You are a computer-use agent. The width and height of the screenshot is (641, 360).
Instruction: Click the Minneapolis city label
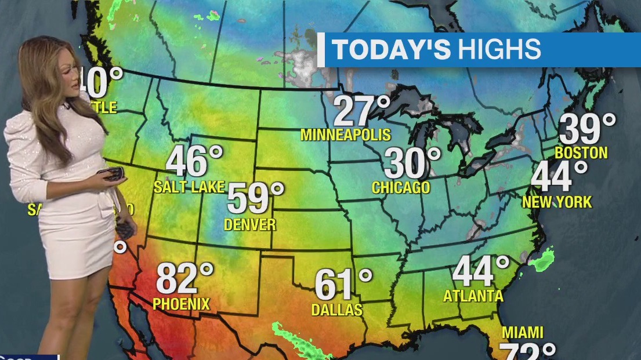[346, 135]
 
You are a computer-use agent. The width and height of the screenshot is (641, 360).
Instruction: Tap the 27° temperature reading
[361, 111]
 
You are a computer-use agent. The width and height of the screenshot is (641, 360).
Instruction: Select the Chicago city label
[401, 188]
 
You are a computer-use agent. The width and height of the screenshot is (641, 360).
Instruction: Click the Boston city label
[581, 153]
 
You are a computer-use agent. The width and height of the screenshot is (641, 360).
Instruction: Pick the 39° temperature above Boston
[587, 129]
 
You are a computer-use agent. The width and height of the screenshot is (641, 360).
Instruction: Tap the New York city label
[557, 202]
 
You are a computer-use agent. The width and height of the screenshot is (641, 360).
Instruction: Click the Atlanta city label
[473, 296]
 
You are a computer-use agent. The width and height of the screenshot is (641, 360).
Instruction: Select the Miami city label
[523, 333]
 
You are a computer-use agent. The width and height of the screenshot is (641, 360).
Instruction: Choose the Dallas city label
[336, 310]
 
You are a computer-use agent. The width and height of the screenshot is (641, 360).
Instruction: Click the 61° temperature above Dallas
[343, 285]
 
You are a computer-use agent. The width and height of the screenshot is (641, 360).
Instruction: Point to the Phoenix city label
[181, 303]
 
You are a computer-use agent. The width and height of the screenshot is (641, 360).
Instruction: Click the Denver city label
[250, 224]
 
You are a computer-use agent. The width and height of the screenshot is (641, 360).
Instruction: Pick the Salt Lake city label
[189, 187]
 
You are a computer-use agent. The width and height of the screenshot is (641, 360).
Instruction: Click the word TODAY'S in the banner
[392, 50]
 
